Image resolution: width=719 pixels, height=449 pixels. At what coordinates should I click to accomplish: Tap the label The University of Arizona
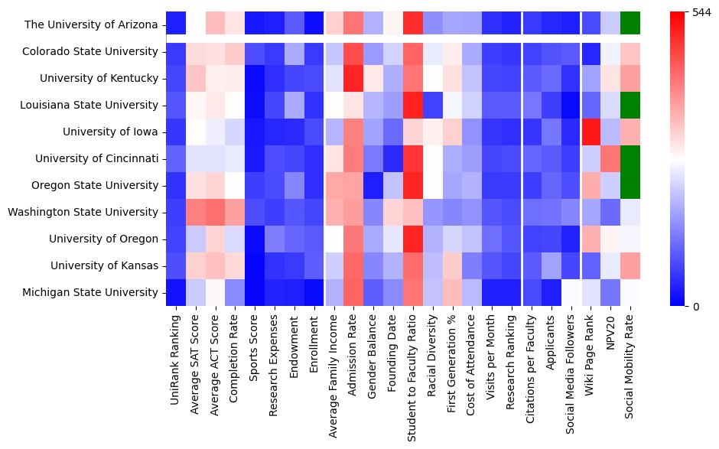coord(92,24)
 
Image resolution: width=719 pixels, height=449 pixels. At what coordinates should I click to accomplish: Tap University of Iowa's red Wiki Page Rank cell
coord(591,132)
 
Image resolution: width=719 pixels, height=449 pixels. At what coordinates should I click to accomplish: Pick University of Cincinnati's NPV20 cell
coord(611,158)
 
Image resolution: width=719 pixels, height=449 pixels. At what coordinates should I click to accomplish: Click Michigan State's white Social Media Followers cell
coord(571,292)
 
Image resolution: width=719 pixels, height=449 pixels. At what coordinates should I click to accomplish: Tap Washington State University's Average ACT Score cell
coord(216,212)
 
